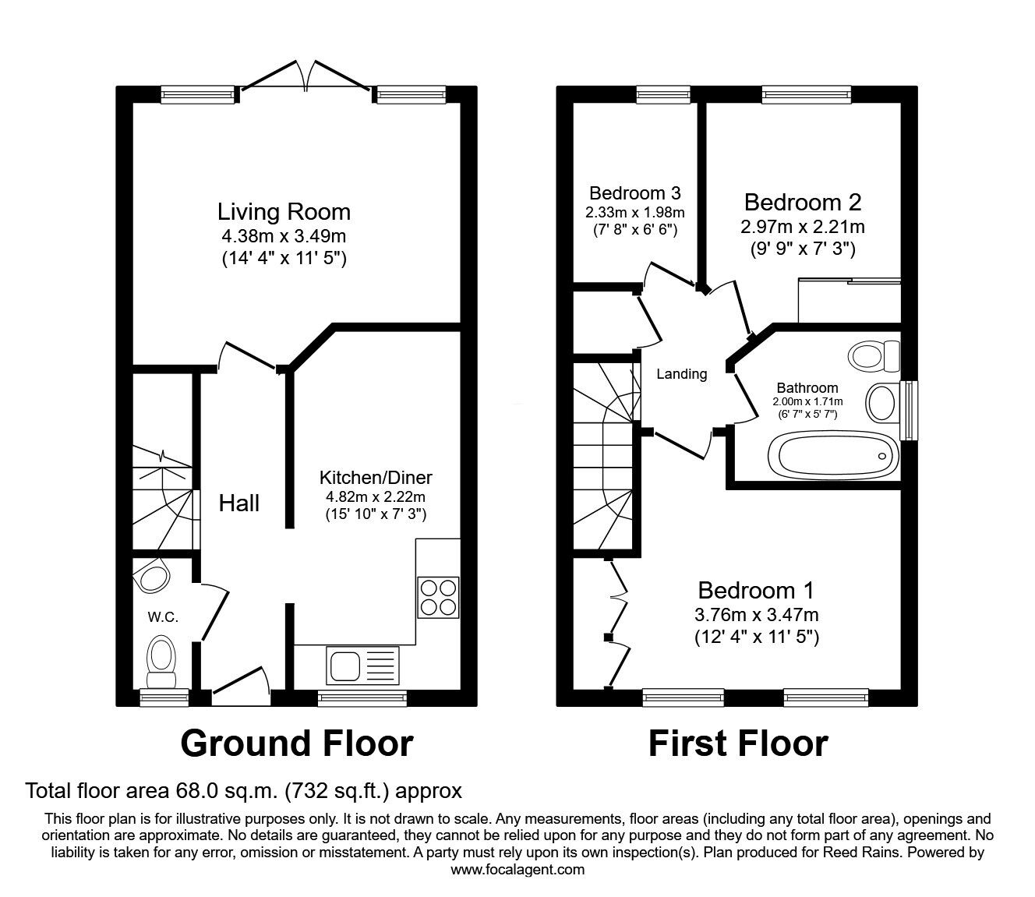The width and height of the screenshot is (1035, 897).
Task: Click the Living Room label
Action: (284, 211)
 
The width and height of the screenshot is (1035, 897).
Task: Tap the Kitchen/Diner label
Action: (376, 478)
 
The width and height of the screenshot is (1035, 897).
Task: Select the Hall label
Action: (238, 503)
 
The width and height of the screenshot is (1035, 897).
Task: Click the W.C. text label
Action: (164, 617)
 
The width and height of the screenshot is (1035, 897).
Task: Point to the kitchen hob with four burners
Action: (438, 597)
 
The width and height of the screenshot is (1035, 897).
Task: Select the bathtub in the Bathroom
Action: (831, 455)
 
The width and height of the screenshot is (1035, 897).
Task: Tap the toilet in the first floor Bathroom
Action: (873, 356)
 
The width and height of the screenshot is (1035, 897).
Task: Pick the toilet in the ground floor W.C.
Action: (162, 655)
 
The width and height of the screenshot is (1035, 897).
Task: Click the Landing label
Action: (681, 374)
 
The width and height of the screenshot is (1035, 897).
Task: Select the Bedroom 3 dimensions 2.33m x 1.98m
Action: (636, 212)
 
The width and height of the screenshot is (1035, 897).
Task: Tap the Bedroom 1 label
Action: (756, 590)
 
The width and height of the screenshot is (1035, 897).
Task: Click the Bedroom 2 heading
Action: (802, 203)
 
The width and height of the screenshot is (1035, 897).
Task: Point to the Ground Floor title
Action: (296, 743)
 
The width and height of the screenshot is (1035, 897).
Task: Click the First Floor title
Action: (737, 743)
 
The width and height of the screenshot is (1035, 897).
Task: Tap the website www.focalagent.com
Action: (517, 870)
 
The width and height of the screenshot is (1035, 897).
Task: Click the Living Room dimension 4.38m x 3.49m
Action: (284, 235)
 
